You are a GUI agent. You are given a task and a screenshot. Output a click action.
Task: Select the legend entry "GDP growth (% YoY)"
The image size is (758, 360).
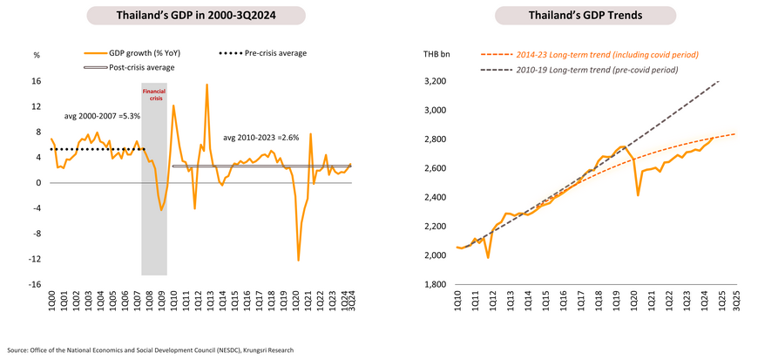(x=140, y=53)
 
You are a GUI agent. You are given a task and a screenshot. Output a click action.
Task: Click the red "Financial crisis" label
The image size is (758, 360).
(x=154, y=93)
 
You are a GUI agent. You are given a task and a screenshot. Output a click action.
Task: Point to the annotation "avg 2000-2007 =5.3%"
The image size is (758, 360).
(x=102, y=115)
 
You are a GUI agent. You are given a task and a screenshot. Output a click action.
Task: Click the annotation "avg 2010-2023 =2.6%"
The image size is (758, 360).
(x=261, y=138)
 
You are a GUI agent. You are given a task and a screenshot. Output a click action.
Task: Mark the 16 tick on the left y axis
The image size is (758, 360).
(x=37, y=82)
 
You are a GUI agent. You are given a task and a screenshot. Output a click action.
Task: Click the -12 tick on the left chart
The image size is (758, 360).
(x=37, y=259)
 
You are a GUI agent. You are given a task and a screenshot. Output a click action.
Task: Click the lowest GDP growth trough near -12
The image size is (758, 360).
(x=298, y=260)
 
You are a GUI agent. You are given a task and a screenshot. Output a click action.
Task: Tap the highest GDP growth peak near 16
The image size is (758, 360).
(x=206, y=85)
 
